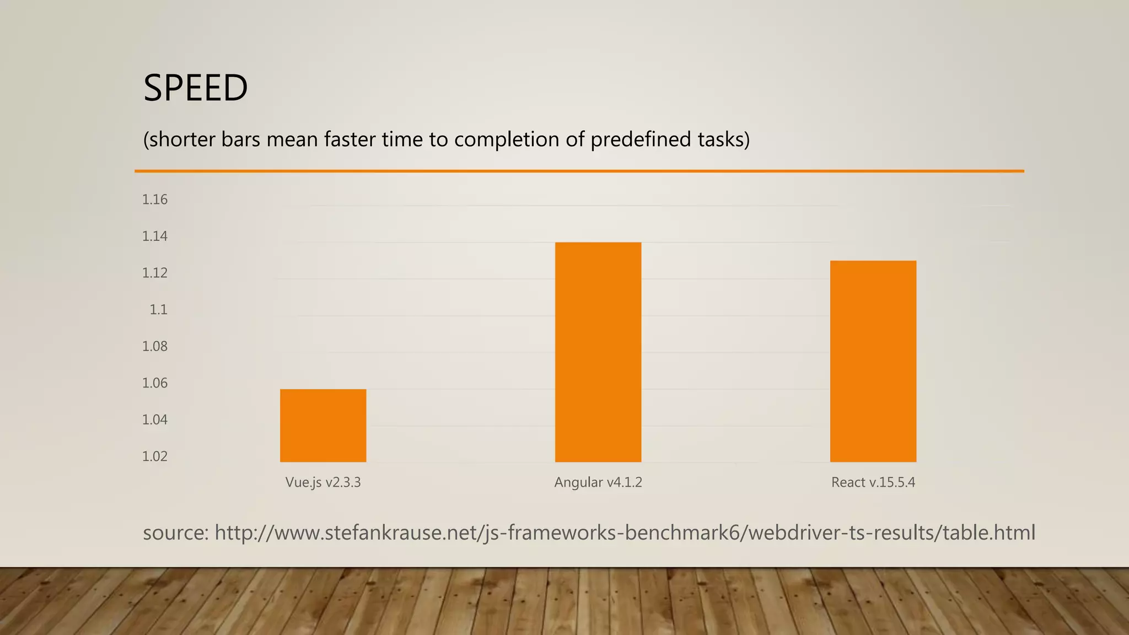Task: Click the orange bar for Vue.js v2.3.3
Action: point(323,426)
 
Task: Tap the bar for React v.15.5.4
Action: point(873,361)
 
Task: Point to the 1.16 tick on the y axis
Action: point(155,200)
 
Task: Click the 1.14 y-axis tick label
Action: point(155,236)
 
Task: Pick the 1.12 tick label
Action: point(155,273)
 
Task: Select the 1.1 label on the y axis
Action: point(159,310)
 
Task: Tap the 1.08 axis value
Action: point(155,346)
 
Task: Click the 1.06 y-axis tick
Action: point(155,383)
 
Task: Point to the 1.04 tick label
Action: point(155,419)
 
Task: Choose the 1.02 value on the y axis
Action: point(155,456)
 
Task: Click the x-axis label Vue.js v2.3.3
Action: point(323,482)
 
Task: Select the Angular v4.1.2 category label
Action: point(598,482)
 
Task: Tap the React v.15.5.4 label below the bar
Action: point(873,482)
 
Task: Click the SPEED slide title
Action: point(196,88)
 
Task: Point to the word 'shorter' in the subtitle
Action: point(182,139)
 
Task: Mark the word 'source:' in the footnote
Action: point(175,533)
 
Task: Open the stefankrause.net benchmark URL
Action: point(625,533)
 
